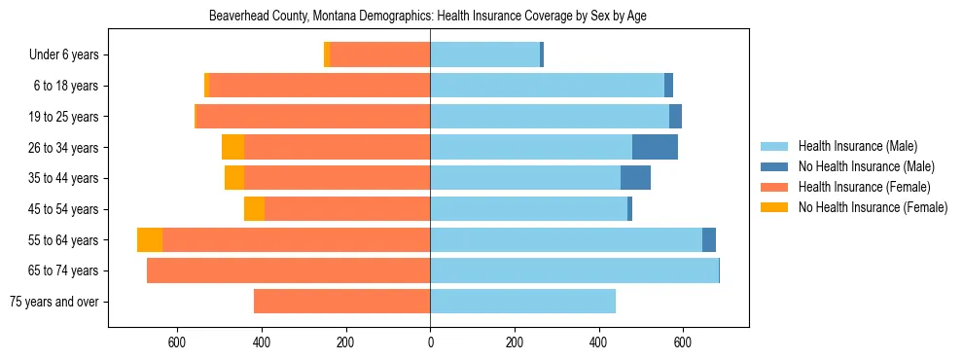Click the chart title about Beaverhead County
[x=428, y=17]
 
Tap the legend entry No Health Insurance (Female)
[x=872, y=207]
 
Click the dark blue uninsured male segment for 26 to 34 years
[x=655, y=147]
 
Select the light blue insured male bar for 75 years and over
[x=522, y=302]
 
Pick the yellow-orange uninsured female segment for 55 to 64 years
[x=150, y=240]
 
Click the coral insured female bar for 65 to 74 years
[x=288, y=270]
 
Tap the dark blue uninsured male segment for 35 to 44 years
[x=635, y=178]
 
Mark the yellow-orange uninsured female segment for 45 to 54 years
[x=254, y=209]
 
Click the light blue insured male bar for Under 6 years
[x=484, y=55]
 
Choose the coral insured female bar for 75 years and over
[x=341, y=302]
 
